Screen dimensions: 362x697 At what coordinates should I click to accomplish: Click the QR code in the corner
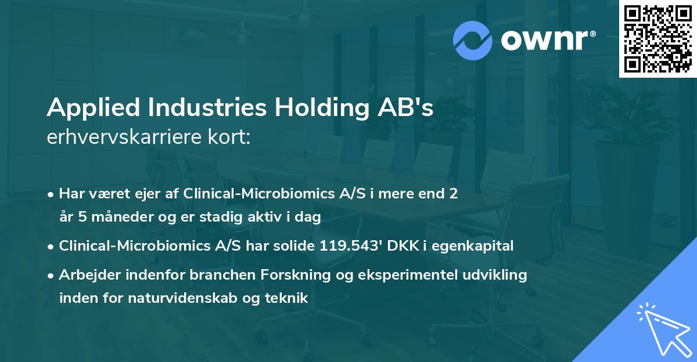click(658, 38)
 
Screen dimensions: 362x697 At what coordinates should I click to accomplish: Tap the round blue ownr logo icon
click(473, 41)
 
